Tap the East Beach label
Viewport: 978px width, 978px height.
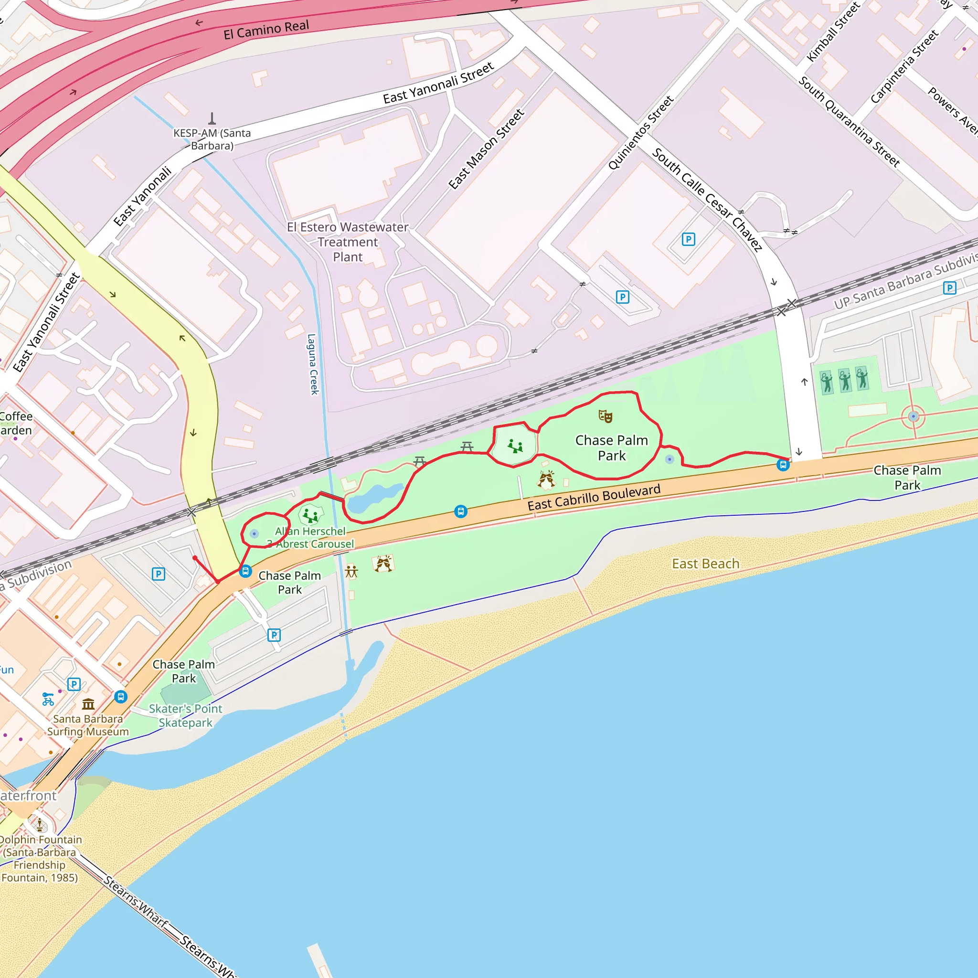(x=705, y=563)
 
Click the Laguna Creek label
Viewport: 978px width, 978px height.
(x=313, y=364)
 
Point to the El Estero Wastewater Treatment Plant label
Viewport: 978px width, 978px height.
(x=347, y=242)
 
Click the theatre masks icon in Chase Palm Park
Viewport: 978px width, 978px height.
(x=605, y=416)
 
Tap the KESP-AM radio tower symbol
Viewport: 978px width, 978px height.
(x=212, y=119)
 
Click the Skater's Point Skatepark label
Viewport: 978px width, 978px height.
(x=185, y=715)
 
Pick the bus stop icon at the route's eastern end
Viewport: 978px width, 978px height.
(x=783, y=465)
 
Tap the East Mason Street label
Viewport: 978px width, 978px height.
(x=486, y=149)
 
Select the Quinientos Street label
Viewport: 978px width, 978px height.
(x=640, y=133)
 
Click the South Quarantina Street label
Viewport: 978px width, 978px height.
(x=849, y=122)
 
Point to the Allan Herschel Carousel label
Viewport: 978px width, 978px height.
(x=310, y=538)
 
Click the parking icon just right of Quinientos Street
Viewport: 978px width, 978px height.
(x=688, y=239)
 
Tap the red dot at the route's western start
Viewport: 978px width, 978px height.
(x=195, y=558)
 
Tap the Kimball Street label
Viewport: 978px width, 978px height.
(x=833, y=32)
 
